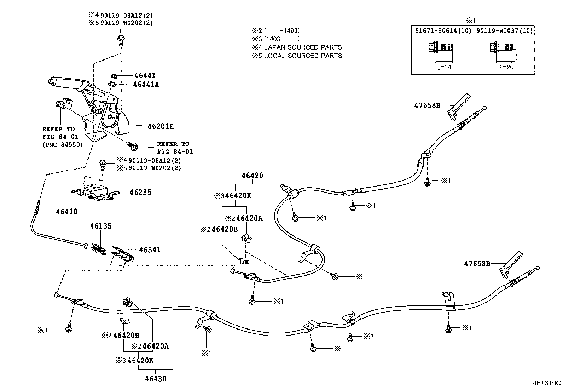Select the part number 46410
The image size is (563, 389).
click(66, 212)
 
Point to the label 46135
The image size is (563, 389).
click(100, 226)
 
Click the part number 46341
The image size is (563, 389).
click(150, 250)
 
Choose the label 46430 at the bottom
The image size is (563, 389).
click(155, 378)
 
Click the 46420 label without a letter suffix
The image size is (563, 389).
click(252, 176)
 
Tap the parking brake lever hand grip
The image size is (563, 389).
click(65, 82)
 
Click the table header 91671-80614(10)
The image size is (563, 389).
click(441, 31)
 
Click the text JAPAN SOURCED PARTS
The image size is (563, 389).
click(303, 47)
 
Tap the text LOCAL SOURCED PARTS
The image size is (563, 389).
click(303, 56)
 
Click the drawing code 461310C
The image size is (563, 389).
click(547, 383)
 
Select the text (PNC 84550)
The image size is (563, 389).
click(62, 144)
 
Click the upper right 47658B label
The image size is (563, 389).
click(427, 105)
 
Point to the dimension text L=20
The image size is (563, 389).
click(506, 67)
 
